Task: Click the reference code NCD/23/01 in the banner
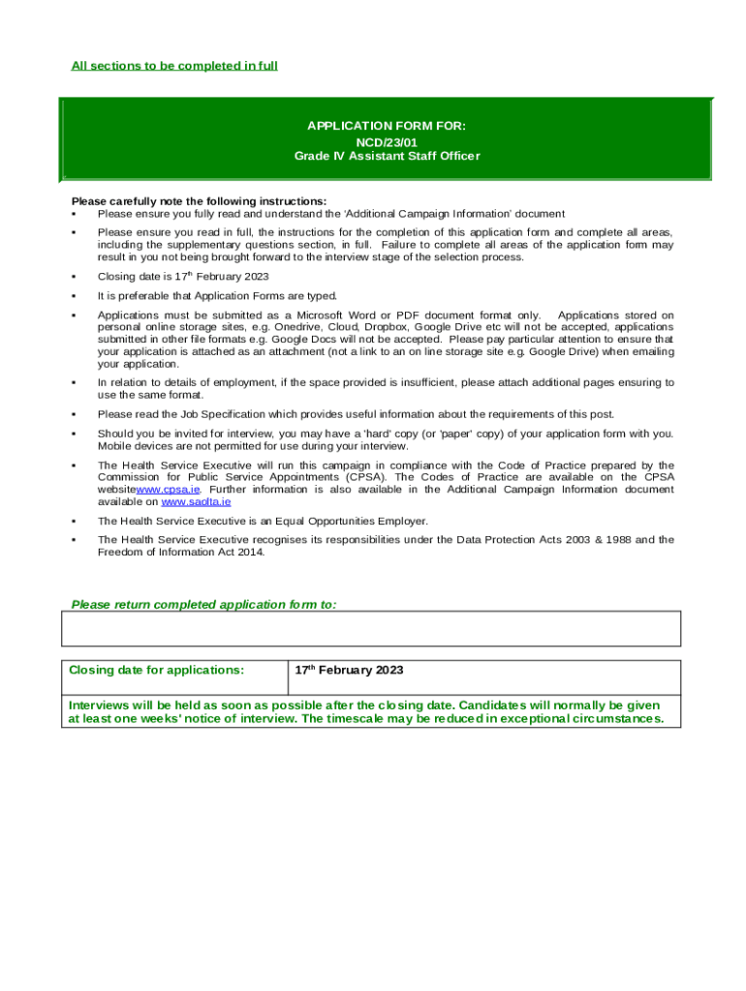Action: pos(387,141)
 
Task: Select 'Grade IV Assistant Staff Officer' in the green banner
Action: pos(387,156)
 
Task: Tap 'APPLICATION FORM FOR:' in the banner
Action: pos(387,126)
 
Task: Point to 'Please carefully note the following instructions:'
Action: pos(199,201)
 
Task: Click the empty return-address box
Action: pos(371,628)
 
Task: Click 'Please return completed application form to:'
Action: pos(203,604)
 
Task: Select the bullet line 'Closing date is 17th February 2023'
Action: pos(182,277)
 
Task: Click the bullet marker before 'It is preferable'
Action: pos(74,296)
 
